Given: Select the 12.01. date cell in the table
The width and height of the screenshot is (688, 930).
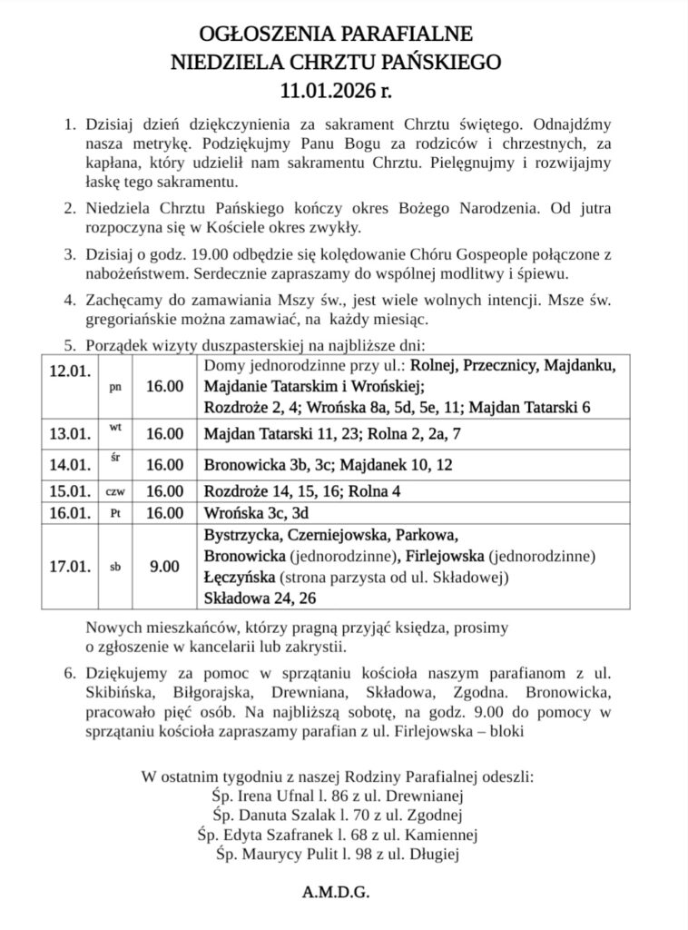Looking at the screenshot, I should click(69, 371).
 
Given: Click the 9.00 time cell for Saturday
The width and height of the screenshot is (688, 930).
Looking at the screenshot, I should click(164, 567).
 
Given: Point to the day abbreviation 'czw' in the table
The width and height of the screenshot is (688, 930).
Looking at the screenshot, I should click(115, 491).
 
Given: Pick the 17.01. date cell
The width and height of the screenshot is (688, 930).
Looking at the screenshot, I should click(69, 567).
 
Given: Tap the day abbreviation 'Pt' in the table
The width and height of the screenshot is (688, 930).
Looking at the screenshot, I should click(115, 512).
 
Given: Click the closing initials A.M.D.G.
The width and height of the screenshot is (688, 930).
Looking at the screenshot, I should click(336, 894).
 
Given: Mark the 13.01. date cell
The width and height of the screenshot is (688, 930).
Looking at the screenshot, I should click(69, 434).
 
